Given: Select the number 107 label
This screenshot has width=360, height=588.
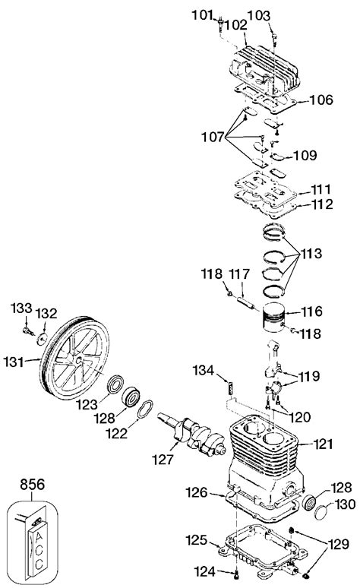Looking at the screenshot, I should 213,138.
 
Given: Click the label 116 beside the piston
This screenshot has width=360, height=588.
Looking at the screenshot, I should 312,311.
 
